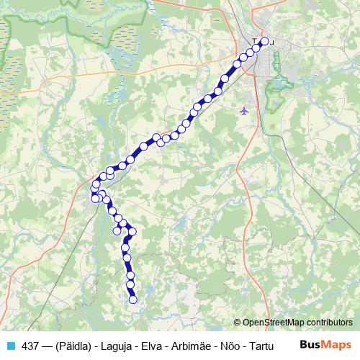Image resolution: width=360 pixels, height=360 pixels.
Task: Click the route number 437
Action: (31, 346)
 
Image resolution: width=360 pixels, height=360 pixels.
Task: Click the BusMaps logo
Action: (326, 346)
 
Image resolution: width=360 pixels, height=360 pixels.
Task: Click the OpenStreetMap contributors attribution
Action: (297, 323)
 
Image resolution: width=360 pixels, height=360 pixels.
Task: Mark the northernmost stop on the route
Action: (264, 42)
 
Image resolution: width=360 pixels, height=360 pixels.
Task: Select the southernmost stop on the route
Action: (132, 300)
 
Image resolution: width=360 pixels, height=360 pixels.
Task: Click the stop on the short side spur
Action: (117, 231)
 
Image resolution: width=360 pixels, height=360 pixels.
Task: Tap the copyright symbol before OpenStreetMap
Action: (237, 323)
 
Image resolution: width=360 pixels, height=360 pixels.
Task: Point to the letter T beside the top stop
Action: (254, 42)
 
